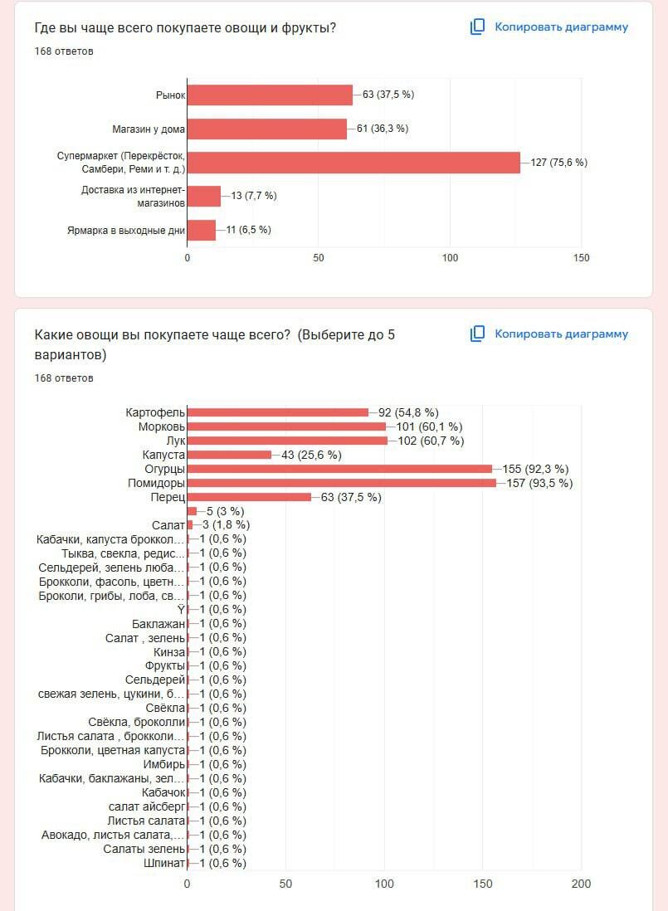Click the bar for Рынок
[x=270, y=95]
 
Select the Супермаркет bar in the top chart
[x=354, y=163]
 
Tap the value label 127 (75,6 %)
[x=558, y=163]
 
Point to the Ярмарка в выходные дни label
[x=126, y=230]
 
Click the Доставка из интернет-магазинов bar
[x=204, y=196]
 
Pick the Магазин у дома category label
[x=149, y=129]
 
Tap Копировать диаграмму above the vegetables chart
[x=561, y=334]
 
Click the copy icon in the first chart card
[x=477, y=27]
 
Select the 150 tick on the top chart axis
[x=582, y=258]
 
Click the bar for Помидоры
[x=341, y=483]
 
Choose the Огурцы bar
[x=339, y=469]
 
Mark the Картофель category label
[x=155, y=412]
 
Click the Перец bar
[x=249, y=497]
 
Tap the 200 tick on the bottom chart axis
[x=582, y=884]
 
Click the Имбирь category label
[x=164, y=764]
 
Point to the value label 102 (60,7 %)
[x=431, y=441]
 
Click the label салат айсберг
[x=147, y=806]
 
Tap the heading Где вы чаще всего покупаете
[x=185, y=28]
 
